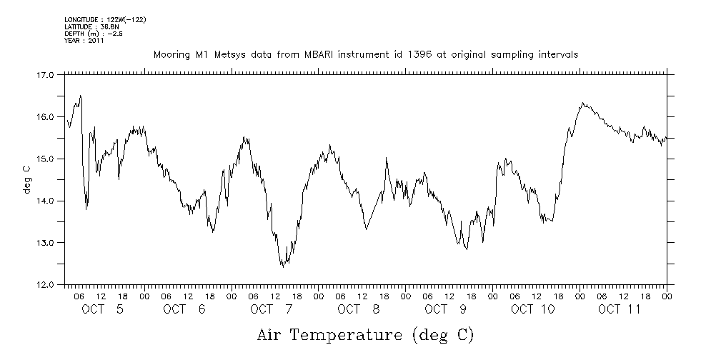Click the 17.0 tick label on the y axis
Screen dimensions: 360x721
tap(44, 74)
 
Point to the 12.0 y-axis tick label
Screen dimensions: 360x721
tap(44, 285)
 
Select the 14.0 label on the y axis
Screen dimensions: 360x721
tap(44, 201)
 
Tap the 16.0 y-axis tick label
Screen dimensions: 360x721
tap(44, 116)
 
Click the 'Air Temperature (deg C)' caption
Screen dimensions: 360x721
tap(364, 334)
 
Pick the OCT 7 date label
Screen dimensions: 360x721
tap(272, 309)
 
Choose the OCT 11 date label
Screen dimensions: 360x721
tap(620, 309)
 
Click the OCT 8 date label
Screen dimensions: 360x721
tap(359, 309)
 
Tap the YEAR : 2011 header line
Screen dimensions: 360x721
tap(84, 41)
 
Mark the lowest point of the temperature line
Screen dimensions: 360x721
tap(282, 266)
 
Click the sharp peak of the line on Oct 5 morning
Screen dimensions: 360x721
tap(80, 96)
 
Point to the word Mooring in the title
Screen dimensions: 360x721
tap(171, 54)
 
